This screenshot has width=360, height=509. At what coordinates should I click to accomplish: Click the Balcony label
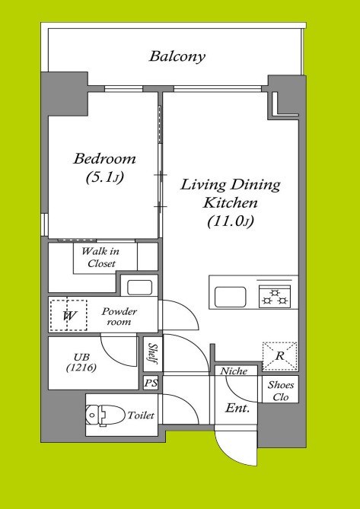177,56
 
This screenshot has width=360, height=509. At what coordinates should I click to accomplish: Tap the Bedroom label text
104,159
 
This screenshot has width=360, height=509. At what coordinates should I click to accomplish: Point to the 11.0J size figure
231,221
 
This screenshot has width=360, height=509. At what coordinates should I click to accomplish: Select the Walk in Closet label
100,257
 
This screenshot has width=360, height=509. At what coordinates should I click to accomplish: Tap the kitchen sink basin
230,297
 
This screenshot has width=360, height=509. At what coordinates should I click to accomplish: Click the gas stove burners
275,297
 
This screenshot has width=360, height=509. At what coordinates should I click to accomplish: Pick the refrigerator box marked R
279,356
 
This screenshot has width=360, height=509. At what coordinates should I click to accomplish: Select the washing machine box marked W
68,315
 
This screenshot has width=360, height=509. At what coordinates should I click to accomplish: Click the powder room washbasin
139,288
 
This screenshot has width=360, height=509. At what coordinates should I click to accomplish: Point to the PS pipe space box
151,383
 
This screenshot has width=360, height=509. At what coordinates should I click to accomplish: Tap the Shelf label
151,354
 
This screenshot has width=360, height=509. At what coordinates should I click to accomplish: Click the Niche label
234,371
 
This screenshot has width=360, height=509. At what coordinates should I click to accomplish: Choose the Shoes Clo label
281,391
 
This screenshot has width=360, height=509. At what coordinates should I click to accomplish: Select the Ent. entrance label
237,408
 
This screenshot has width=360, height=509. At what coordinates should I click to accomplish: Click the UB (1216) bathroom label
81,362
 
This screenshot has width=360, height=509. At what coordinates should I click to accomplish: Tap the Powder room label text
119,317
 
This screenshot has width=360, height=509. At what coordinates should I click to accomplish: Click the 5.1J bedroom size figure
105,177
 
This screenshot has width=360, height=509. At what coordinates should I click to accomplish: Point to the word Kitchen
230,203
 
